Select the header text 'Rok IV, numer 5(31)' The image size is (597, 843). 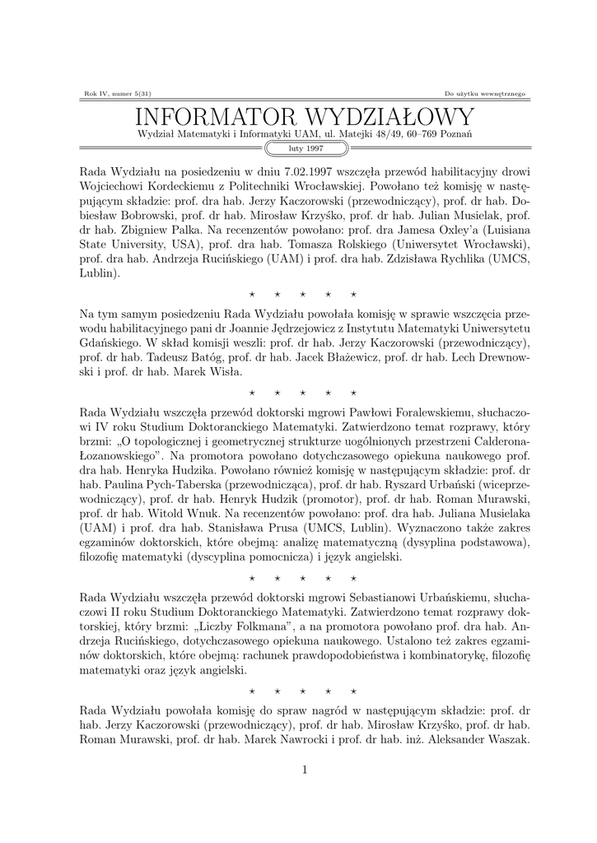[x=113, y=93]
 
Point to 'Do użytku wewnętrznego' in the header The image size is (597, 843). [x=485, y=93]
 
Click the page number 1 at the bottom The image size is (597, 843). [x=305, y=769]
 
